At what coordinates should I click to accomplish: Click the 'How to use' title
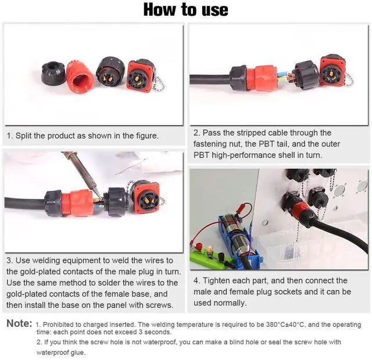pos(186,10)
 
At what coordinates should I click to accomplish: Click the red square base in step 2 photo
pos(332,71)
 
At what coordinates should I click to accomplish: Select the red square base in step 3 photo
pos(145,198)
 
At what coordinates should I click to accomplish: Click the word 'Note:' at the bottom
pos(19,323)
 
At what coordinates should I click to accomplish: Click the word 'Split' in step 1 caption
pos(24,136)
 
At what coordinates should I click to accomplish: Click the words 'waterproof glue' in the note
pos(60,352)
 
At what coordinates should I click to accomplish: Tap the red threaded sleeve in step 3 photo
pos(76,203)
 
